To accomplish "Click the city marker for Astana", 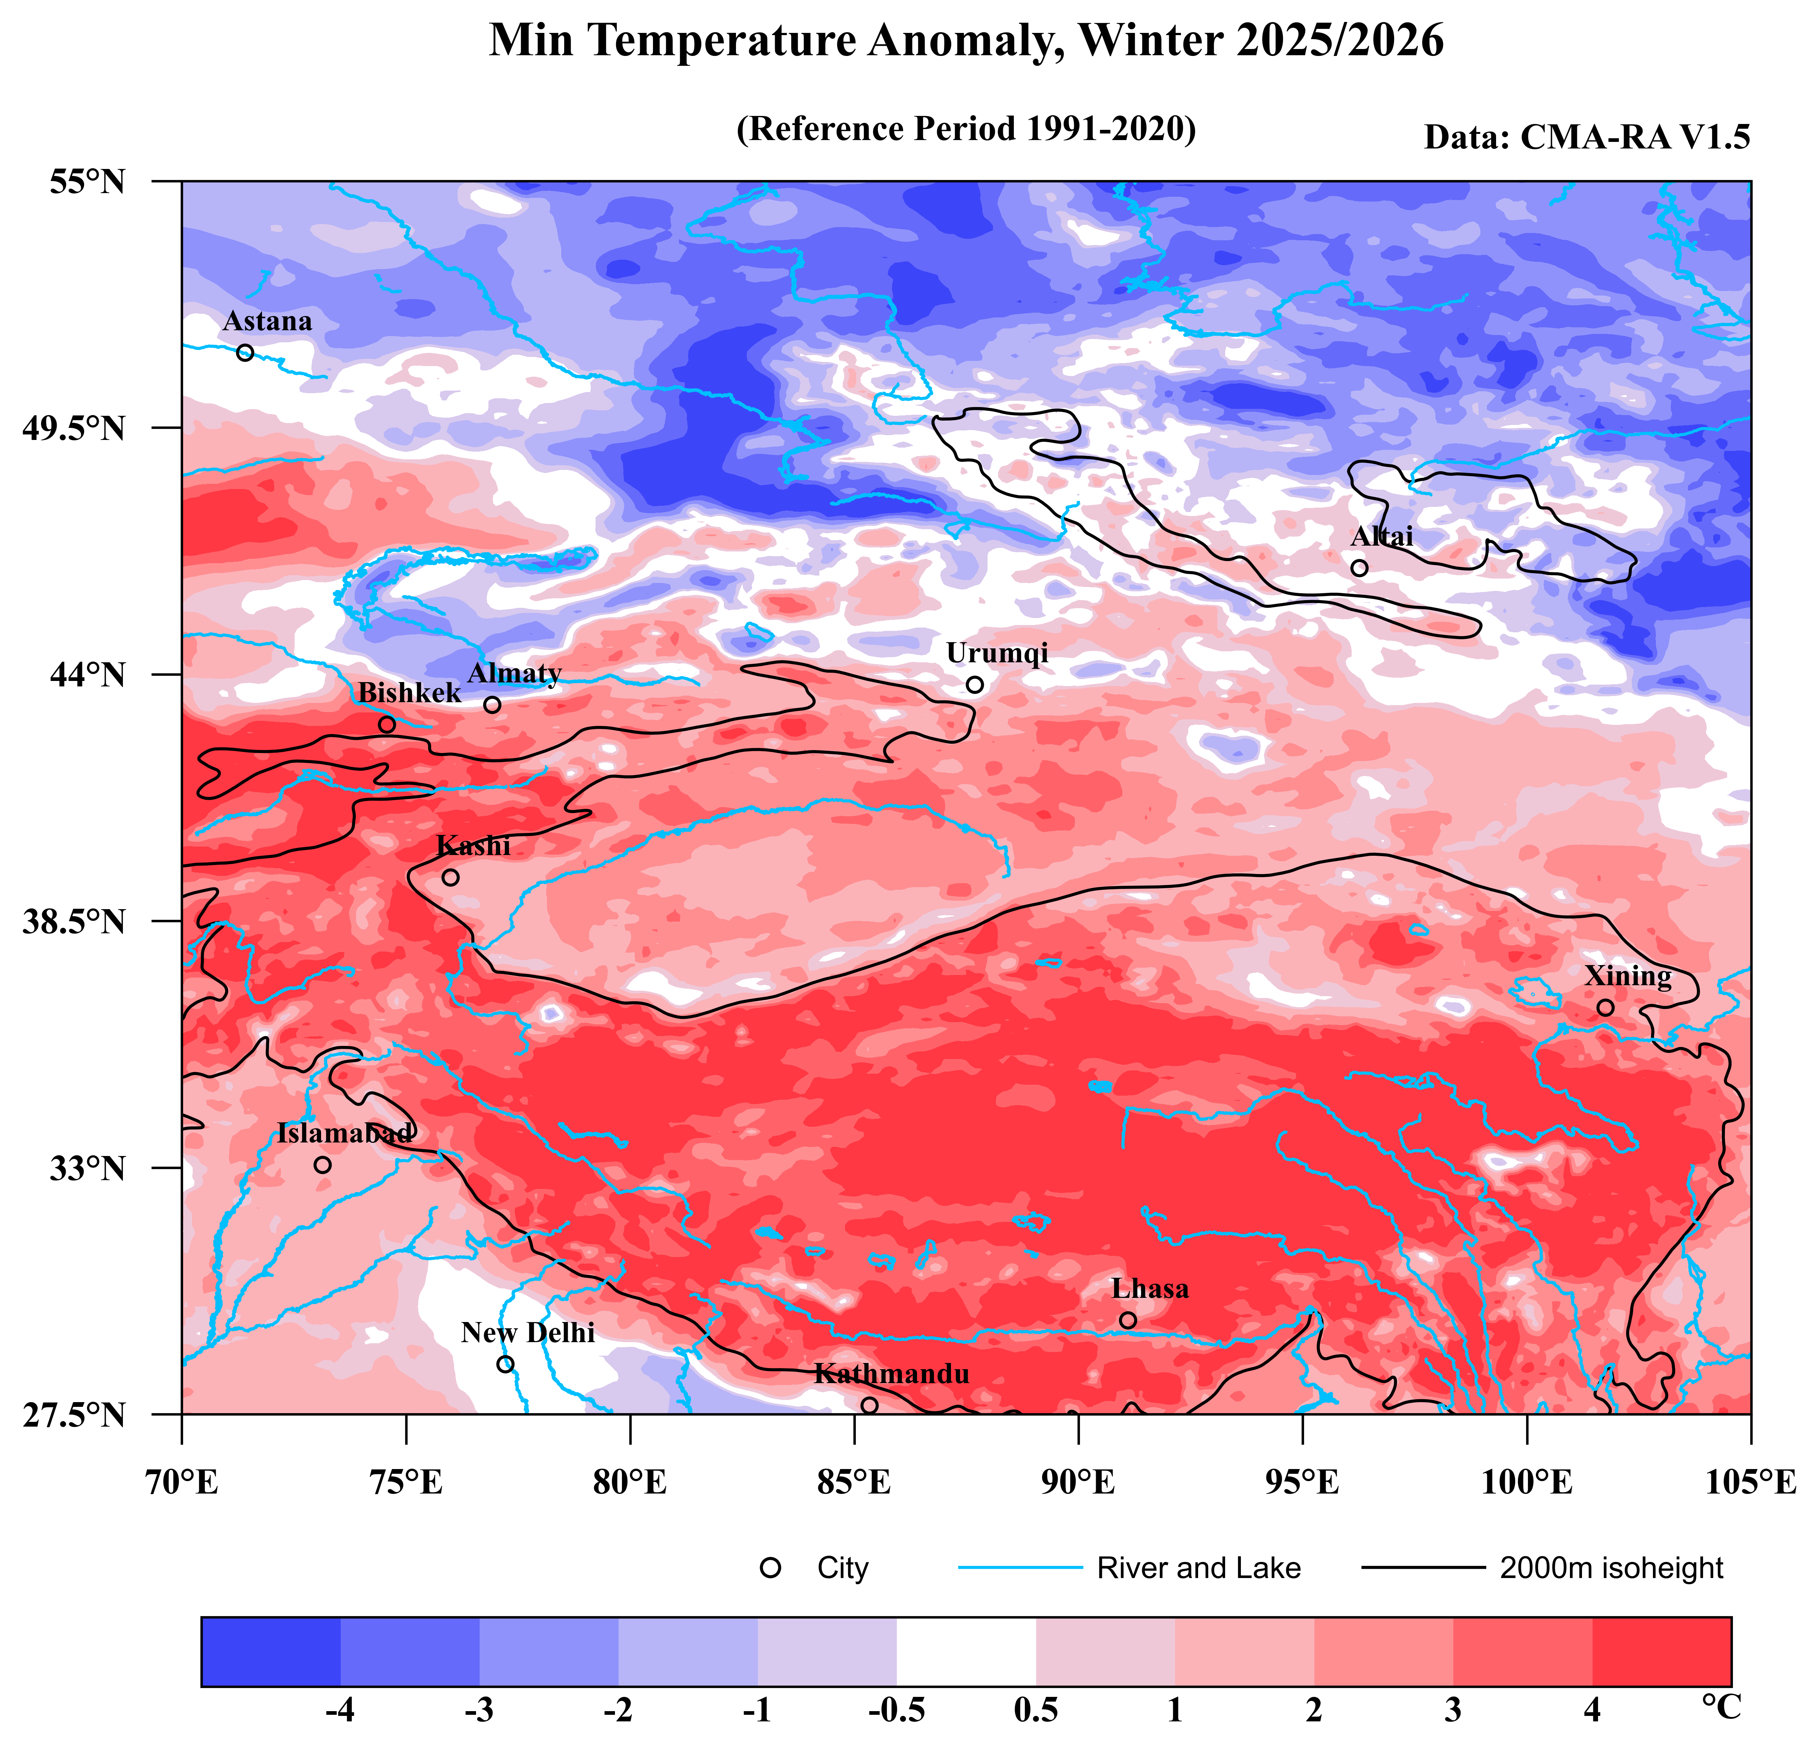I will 245,353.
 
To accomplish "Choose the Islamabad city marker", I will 322,1165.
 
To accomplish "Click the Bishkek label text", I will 409,693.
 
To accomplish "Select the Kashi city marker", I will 450,877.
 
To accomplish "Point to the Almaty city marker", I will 492,705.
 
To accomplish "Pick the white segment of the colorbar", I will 966,1652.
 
